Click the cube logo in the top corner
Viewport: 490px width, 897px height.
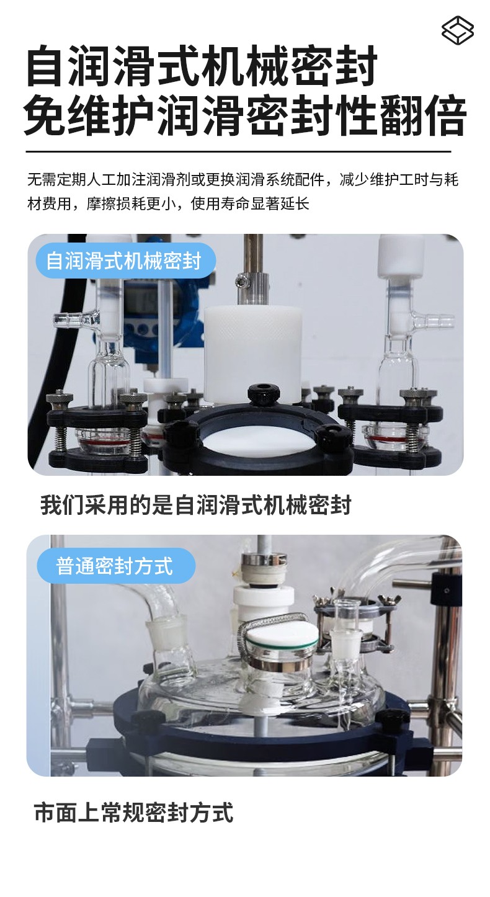[x=458, y=30]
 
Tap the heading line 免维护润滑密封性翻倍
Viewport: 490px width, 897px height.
[x=245, y=115]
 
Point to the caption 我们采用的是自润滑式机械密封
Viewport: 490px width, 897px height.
[x=196, y=505]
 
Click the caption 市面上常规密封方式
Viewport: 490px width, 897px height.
[x=134, y=812]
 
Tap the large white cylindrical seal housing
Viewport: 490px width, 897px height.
[x=252, y=353]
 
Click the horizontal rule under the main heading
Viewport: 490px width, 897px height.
[x=239, y=152]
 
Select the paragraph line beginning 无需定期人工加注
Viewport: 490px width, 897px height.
[x=243, y=180]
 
